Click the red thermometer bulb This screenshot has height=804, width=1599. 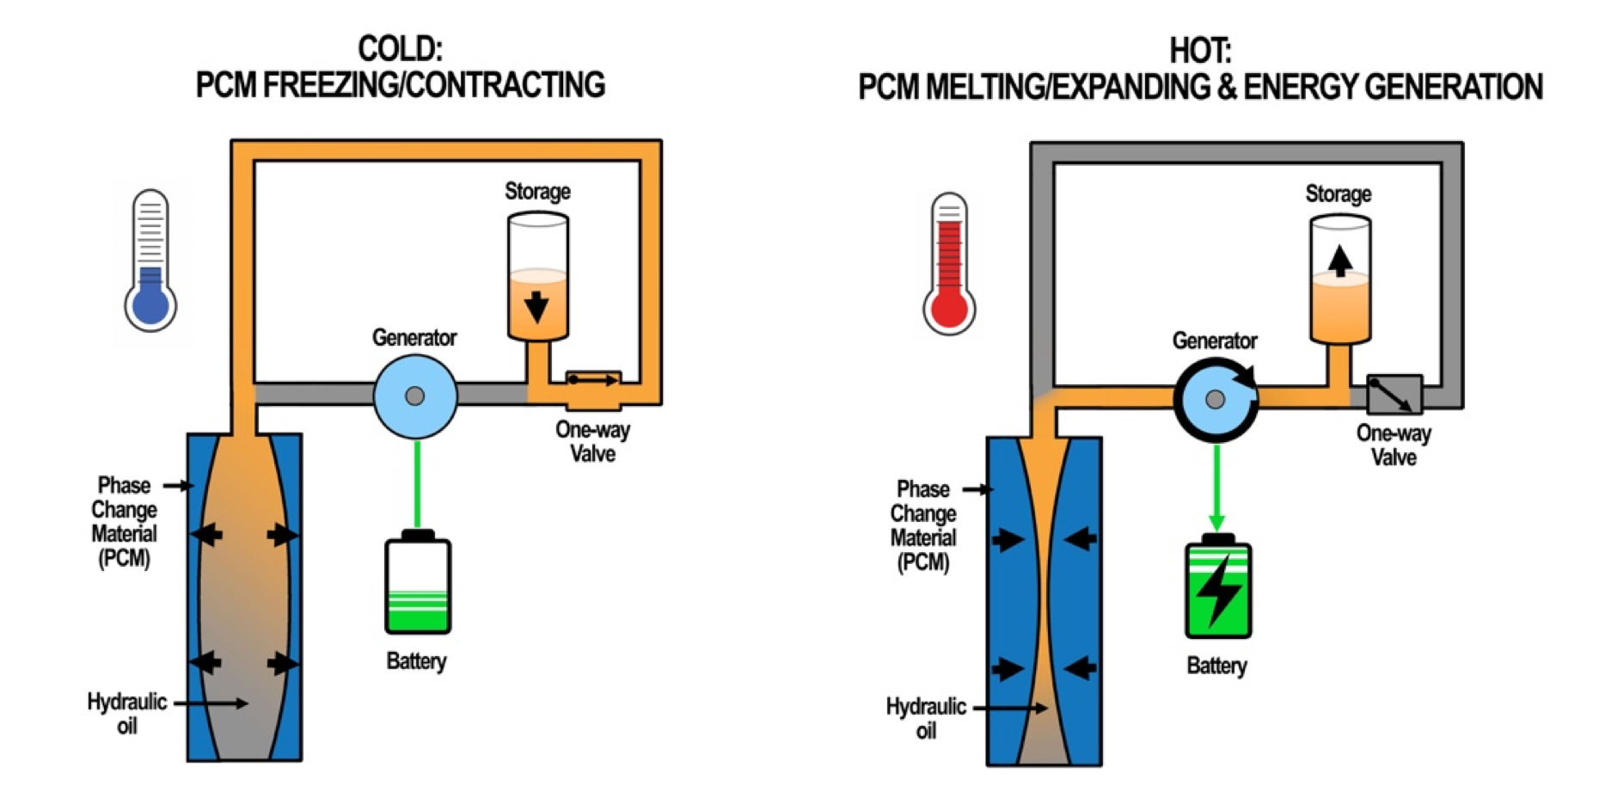tap(949, 310)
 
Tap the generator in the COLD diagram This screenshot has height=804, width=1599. tap(415, 396)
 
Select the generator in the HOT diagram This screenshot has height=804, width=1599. tap(1216, 400)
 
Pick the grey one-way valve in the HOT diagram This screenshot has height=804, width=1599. tap(1394, 395)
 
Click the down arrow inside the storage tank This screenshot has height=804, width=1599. tap(537, 306)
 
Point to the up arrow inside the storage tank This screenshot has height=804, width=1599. tap(1339, 261)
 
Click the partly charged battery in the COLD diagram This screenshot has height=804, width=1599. tap(418, 582)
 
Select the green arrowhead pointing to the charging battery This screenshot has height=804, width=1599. tap(1216, 523)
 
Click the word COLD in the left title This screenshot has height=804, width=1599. tap(400, 49)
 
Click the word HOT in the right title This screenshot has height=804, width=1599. tap(1200, 52)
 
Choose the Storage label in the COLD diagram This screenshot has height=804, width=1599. tap(537, 191)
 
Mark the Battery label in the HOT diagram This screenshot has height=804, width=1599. tap(1216, 666)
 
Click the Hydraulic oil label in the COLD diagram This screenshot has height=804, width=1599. tap(127, 714)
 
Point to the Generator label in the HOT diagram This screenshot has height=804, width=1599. tap(1215, 341)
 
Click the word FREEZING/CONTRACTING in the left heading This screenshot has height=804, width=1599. tap(434, 85)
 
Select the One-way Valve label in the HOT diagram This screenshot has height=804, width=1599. tap(1394, 445)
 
